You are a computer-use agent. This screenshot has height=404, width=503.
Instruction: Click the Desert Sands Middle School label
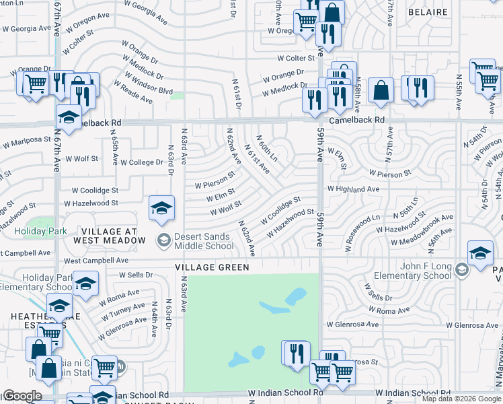(204, 241)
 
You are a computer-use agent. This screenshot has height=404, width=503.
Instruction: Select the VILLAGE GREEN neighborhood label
(212, 267)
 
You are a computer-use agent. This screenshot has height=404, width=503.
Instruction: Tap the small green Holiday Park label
(43, 231)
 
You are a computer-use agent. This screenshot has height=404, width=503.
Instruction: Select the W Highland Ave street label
(354, 190)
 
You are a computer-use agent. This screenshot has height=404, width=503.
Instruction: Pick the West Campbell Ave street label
(96, 260)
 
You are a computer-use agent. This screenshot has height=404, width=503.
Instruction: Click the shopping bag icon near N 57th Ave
(381, 91)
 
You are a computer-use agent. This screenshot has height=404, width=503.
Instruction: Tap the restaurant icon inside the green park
(296, 353)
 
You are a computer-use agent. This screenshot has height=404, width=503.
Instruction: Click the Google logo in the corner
(22, 396)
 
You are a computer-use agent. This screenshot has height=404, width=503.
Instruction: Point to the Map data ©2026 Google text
(461, 399)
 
